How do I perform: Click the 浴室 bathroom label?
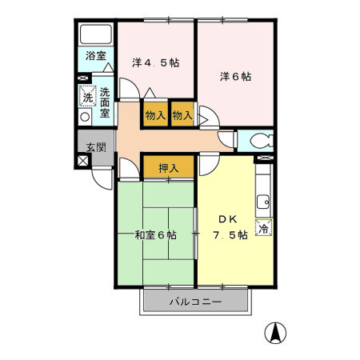[95, 58]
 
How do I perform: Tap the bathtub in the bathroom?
[96, 37]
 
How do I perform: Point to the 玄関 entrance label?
[95, 146]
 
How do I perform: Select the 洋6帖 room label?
[235, 77]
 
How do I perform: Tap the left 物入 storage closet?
[155, 115]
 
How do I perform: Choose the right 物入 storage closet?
[182, 115]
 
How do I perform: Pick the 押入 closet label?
[168, 168]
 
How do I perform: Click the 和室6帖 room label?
[155, 235]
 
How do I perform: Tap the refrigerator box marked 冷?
[263, 229]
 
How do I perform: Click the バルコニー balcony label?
[195, 302]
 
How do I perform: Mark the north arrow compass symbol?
[277, 331]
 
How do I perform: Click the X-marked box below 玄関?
[83, 160]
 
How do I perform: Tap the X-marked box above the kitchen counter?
[263, 160]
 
